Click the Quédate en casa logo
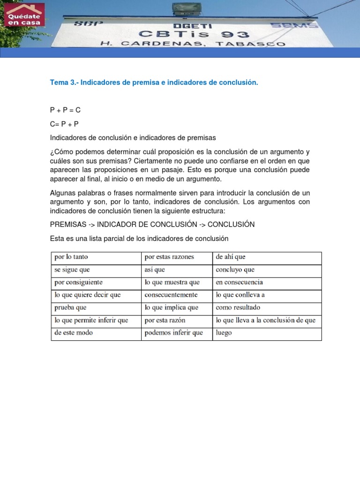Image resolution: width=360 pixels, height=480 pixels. (x=24, y=15)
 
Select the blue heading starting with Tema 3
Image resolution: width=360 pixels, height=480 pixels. (x=154, y=82)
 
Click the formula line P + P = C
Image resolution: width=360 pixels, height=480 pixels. (x=66, y=110)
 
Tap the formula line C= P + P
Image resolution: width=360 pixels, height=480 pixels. (x=64, y=124)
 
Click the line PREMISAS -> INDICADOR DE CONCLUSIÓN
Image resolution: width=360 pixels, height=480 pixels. (x=152, y=225)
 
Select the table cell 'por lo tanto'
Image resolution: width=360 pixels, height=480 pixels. (x=71, y=257)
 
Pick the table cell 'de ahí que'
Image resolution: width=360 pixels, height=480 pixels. (x=231, y=257)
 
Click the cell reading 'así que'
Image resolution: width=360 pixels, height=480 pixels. (x=155, y=270)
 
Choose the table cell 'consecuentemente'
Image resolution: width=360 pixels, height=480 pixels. (x=171, y=295)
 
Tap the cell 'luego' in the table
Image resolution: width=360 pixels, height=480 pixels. (x=224, y=333)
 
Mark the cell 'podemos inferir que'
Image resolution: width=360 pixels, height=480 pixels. (x=174, y=333)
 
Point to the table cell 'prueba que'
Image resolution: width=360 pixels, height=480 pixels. (x=71, y=307)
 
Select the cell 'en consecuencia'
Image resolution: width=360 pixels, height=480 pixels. (x=239, y=282)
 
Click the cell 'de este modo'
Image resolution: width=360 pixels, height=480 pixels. (x=74, y=333)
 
